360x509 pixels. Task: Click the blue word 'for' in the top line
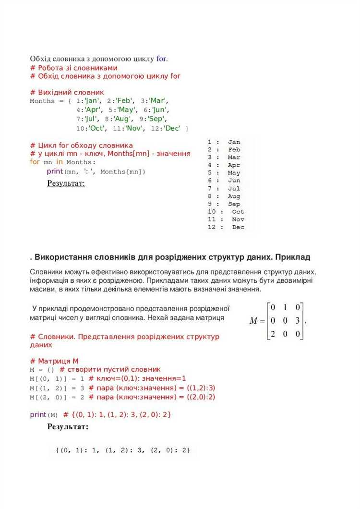[x=161, y=59]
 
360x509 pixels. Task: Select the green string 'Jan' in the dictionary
[x=92, y=101]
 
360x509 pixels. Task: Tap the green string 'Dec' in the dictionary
[x=173, y=128]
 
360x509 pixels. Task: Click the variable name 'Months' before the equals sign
[x=42, y=101]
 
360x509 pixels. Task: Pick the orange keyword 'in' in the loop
[x=60, y=162]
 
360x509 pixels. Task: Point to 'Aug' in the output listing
[x=234, y=196]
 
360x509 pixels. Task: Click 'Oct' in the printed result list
[x=238, y=212]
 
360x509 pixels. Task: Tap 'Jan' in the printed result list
[x=234, y=142]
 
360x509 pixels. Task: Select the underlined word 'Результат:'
[x=66, y=183]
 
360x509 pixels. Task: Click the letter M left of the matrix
[x=254, y=321]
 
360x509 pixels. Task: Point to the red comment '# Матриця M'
[x=54, y=361]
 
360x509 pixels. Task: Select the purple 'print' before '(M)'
[x=38, y=414]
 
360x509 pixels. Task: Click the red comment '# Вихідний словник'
[x=67, y=92]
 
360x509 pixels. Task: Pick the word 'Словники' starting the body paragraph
[x=46, y=272]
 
